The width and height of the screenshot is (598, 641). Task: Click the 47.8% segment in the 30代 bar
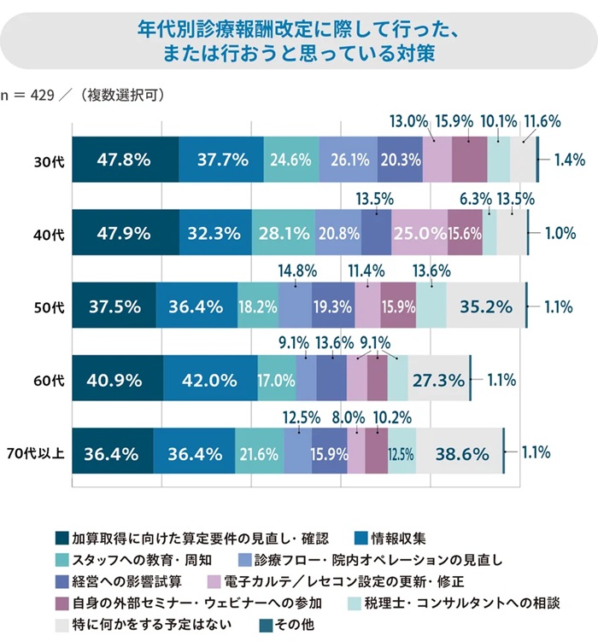tap(125, 159)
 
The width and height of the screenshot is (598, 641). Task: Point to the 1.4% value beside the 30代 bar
tap(568, 159)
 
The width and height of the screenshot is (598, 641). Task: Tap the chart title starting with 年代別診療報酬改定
tap(299, 38)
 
